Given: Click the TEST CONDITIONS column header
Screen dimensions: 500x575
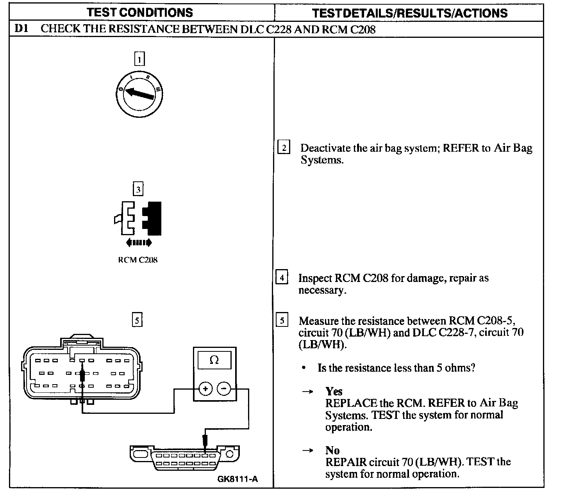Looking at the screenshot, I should (139, 12).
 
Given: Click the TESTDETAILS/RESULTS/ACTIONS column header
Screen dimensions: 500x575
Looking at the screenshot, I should (410, 13).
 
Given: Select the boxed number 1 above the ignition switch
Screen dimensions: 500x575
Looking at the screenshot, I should (139, 59).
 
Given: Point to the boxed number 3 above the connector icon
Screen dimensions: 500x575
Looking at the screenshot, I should (138, 189).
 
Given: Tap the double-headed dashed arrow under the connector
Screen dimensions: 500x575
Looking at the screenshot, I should (139, 243).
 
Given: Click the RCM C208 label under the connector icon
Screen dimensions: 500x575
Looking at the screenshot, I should (137, 260).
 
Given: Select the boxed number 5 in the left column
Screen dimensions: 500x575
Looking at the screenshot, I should (137, 320).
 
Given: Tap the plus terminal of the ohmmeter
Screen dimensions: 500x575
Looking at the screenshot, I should (205, 388).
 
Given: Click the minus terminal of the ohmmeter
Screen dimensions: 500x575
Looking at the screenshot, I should (223, 388).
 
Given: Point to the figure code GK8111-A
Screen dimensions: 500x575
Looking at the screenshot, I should (237, 479).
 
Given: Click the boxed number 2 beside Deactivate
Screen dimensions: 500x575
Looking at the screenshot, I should (284, 148).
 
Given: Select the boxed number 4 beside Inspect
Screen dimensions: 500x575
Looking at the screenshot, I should (282, 278).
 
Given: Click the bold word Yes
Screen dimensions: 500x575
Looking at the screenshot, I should (334, 391).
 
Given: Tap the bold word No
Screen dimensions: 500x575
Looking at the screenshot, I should (332, 450).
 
